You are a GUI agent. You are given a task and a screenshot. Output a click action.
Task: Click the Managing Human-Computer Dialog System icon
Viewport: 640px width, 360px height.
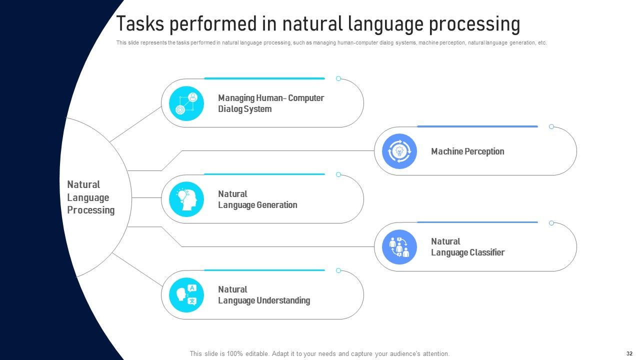pos(186,103)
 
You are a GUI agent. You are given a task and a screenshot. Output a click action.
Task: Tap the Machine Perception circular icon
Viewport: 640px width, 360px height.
pos(399,151)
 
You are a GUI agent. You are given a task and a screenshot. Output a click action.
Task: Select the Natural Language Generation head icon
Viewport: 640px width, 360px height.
pos(186,199)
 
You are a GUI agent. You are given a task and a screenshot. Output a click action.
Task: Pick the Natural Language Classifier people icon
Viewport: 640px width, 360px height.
pos(399,247)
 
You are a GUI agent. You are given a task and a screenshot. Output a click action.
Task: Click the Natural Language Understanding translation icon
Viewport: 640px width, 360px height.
pos(186,295)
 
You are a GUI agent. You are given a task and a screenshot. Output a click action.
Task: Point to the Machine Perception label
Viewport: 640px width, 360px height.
pos(467,151)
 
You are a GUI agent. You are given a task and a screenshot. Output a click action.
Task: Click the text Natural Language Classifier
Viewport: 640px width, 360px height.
pos(467,247)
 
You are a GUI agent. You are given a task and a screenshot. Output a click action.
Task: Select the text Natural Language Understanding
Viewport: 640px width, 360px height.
pos(263,295)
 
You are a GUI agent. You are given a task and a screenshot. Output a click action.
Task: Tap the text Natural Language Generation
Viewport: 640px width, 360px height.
pos(257,199)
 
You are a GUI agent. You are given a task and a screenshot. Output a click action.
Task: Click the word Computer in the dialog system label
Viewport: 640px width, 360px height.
pos(306,98)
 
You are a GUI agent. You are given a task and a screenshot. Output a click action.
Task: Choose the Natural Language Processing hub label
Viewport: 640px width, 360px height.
pos(90,197)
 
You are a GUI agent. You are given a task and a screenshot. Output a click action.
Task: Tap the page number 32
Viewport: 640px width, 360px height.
pos(629,353)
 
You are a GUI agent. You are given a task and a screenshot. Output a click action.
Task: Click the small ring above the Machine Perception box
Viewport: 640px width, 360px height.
pos(551,126)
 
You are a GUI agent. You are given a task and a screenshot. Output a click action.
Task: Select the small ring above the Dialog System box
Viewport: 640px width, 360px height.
pos(338,78)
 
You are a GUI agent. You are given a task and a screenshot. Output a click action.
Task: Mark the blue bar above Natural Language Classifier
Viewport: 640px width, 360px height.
pos(477,222)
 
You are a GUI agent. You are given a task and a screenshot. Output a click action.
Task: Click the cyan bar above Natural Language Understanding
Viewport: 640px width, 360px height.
pos(264,270)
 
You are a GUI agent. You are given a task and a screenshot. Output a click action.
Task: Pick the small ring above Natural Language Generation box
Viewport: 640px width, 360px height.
pos(338,174)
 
